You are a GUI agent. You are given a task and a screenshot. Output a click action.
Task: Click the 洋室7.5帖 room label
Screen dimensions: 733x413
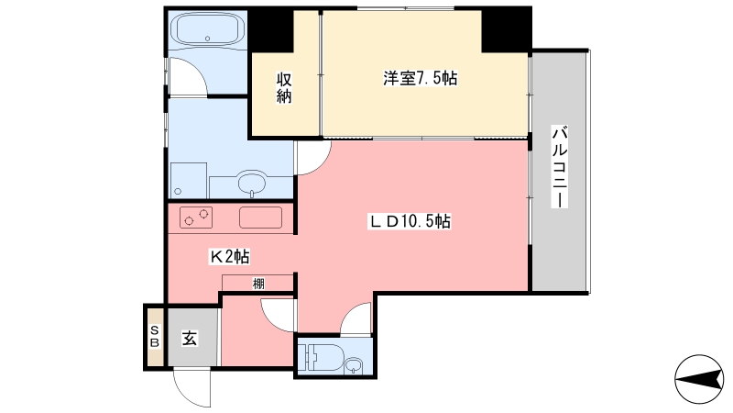click(x=421, y=78)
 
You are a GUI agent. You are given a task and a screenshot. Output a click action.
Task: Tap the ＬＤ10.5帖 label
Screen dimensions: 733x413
click(x=410, y=221)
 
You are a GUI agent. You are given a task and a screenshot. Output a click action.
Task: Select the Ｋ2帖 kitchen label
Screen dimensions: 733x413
click(x=229, y=256)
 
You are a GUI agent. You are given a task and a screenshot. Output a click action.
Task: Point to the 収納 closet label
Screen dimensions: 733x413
click(x=284, y=87)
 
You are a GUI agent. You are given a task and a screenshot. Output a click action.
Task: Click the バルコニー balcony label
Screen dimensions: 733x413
click(x=560, y=166)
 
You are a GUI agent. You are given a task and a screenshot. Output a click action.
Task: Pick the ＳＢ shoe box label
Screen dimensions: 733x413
click(x=155, y=337)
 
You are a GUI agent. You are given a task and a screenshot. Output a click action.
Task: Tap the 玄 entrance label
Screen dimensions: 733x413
click(x=190, y=338)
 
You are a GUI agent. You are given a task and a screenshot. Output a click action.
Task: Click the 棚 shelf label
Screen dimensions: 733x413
click(x=258, y=284)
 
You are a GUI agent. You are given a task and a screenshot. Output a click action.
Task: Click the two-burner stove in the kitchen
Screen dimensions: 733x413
click(x=196, y=218)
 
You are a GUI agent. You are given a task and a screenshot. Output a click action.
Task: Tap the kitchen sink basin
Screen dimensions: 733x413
click(x=261, y=218)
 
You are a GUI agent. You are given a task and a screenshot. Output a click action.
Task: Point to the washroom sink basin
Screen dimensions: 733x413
click(x=253, y=182)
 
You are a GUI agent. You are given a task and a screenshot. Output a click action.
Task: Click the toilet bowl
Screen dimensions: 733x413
click(x=323, y=357)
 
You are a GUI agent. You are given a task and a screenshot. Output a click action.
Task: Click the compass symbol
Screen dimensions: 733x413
click(x=699, y=379)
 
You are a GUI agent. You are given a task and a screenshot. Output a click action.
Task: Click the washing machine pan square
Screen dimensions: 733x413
click(x=189, y=180)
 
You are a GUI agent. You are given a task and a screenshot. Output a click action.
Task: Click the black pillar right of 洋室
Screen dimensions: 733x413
click(x=507, y=29)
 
